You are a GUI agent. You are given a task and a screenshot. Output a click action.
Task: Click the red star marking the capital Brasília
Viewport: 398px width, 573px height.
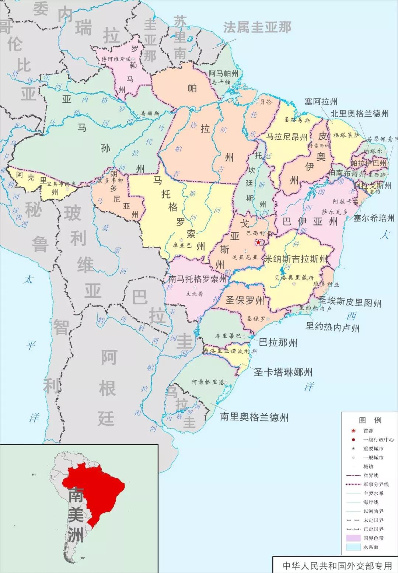[x=259, y=242]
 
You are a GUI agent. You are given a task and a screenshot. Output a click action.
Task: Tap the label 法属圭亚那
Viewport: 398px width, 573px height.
[x=257, y=27]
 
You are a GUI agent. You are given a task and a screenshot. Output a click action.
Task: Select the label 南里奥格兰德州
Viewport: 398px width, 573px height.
[x=254, y=417]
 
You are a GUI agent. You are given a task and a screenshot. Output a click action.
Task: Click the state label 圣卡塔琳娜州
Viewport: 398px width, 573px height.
[x=283, y=372]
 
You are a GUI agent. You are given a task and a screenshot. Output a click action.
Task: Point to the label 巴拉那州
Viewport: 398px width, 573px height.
[x=278, y=343]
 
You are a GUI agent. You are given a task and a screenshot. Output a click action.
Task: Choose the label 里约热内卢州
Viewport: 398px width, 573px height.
[x=332, y=327]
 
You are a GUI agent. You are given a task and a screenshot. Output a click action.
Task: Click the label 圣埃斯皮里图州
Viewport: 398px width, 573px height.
[x=350, y=302]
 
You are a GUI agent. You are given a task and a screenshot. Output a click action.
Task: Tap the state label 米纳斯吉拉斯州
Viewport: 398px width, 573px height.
[x=296, y=259]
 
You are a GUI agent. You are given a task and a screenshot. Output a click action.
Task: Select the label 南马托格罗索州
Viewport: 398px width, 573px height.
[x=198, y=279]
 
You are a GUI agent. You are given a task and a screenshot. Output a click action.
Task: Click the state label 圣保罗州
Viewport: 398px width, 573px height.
[x=245, y=300]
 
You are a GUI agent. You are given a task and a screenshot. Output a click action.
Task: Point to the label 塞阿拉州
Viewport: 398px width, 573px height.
[x=321, y=102]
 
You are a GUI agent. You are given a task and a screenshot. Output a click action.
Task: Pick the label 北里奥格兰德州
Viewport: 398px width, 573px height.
[x=359, y=113]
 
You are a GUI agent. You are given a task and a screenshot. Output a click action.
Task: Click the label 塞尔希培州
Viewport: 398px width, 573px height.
[x=374, y=218]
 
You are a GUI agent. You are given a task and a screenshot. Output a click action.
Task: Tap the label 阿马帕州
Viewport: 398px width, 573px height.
[x=223, y=74]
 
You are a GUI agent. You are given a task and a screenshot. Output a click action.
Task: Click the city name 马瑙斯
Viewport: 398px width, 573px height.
[x=150, y=113]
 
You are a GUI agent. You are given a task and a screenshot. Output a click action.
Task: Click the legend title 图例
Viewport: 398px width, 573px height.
[x=370, y=420]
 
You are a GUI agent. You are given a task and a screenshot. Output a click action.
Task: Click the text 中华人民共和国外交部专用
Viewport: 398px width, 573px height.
[x=337, y=566]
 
